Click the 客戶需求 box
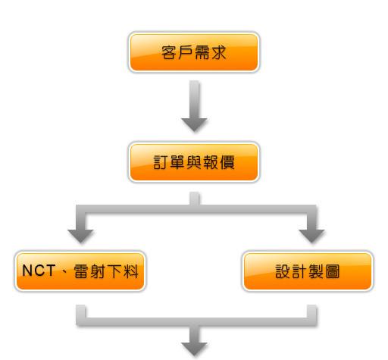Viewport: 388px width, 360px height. click(x=194, y=52)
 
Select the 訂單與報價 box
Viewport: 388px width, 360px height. click(x=194, y=162)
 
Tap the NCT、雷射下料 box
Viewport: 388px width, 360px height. click(x=80, y=271)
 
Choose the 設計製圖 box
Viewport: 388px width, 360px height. click(x=308, y=271)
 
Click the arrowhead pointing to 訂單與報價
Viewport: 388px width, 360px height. click(x=194, y=124)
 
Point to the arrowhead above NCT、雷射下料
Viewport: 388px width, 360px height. click(x=80, y=236)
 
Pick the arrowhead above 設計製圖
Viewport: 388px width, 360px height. click(x=311, y=236)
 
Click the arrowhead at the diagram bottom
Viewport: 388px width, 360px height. click(x=194, y=349)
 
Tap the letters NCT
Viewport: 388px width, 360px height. click(x=39, y=271)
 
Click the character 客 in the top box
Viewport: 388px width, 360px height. click(x=169, y=52)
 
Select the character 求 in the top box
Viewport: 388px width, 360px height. click(x=219, y=52)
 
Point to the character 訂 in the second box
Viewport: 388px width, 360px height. click(x=161, y=162)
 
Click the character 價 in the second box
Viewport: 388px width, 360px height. click(x=227, y=162)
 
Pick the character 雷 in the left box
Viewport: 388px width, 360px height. click(x=81, y=271)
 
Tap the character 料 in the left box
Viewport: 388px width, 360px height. click(x=131, y=271)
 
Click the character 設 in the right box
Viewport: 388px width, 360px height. click(x=283, y=271)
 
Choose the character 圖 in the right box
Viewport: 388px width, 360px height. click(x=333, y=271)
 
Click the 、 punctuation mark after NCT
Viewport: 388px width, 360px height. click(x=65, y=272)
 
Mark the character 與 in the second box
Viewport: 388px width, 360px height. click(x=194, y=162)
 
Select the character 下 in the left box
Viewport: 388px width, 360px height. click(x=114, y=271)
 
